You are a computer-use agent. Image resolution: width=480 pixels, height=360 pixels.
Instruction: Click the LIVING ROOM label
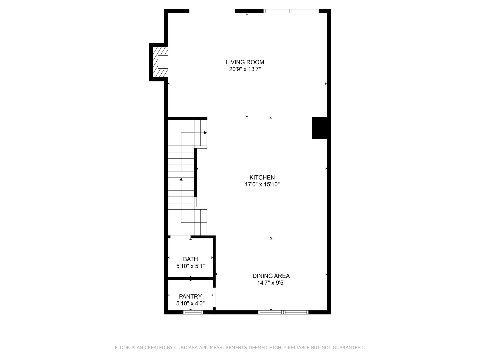coord(245,62)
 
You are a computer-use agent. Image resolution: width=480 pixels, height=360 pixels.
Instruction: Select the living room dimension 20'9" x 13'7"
coord(245,69)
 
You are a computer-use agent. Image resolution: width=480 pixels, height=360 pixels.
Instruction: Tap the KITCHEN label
coord(262,177)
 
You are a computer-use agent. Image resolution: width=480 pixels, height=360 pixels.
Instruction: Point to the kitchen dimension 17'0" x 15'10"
coord(262,184)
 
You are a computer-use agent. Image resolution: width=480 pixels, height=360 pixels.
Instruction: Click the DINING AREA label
coord(271,276)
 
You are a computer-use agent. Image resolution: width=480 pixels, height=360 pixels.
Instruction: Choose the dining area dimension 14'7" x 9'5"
coord(271,283)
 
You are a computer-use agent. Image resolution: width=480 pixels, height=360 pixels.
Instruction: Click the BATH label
coord(190,259)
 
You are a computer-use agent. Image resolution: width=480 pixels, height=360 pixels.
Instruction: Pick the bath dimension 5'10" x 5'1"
coord(190,266)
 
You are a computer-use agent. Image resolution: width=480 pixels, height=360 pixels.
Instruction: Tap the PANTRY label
coord(190,296)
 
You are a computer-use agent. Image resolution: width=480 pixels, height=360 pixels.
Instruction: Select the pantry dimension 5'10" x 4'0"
coord(190,303)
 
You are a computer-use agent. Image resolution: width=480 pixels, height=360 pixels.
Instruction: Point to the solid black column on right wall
coord(319,128)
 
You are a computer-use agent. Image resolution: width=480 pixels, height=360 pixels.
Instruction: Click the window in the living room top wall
coord(291,11)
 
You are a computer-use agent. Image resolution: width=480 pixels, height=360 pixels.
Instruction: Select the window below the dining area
coord(283,312)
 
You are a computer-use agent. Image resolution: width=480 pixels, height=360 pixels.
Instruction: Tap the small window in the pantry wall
coord(193,312)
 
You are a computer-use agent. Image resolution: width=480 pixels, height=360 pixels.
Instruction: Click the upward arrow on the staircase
coord(181,179)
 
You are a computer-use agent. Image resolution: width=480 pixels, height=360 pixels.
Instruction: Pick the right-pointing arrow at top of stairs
coord(205,133)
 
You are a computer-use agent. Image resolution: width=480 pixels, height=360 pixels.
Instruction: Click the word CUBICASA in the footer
coord(186,348)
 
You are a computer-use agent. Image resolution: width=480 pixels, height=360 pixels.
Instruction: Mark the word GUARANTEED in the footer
coord(349,348)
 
